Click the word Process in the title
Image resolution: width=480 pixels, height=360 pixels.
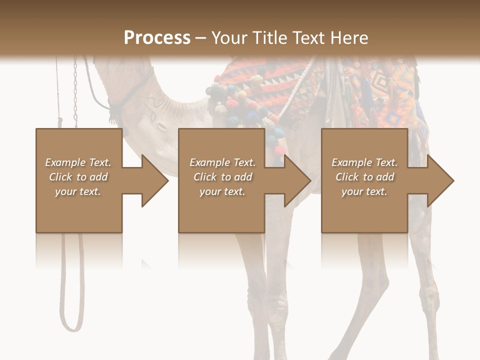pos(157,37)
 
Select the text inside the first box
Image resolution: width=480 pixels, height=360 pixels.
pos(78,177)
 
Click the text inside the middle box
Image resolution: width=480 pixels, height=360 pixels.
pos(222,177)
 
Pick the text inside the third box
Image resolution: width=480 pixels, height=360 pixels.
pos(364,177)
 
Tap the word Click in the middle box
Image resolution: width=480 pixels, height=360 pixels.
pos(204,177)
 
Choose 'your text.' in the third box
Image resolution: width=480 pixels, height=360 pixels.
pos(364,191)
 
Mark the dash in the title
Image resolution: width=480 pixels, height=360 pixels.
pos(201,38)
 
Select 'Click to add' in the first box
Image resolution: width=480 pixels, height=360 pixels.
pos(78,177)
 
